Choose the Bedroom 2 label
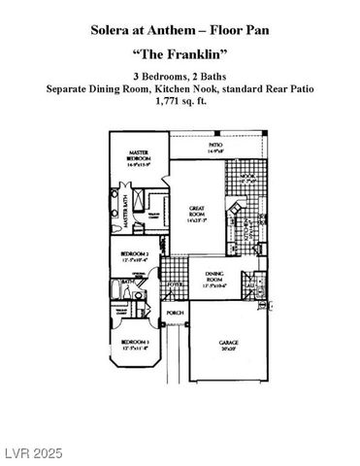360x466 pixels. point(133,257)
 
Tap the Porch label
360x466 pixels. point(176,313)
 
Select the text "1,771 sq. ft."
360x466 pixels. point(180,101)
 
